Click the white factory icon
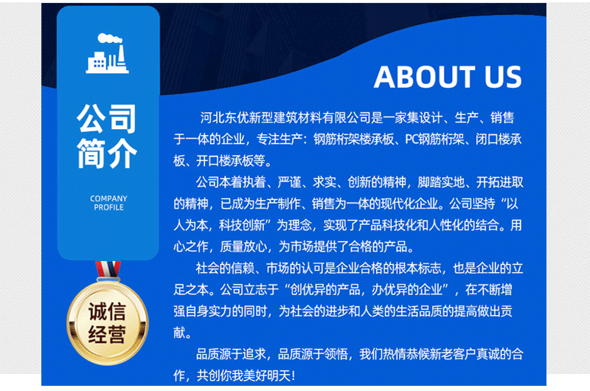(x=107, y=53)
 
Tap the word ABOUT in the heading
(x=424, y=77)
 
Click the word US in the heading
(x=503, y=77)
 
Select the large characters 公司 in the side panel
(x=107, y=119)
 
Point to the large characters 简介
(x=107, y=153)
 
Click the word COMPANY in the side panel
(x=108, y=198)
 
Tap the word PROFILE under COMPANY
(x=108, y=207)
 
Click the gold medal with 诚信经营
(x=108, y=323)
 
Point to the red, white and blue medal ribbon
(x=108, y=269)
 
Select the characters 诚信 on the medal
(x=107, y=311)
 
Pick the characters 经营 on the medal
(x=107, y=334)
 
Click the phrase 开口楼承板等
(x=231, y=161)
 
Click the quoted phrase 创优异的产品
(x=325, y=290)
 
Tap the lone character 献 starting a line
(x=179, y=333)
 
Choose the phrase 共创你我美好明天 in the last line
(x=243, y=376)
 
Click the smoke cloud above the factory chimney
(x=109, y=38)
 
